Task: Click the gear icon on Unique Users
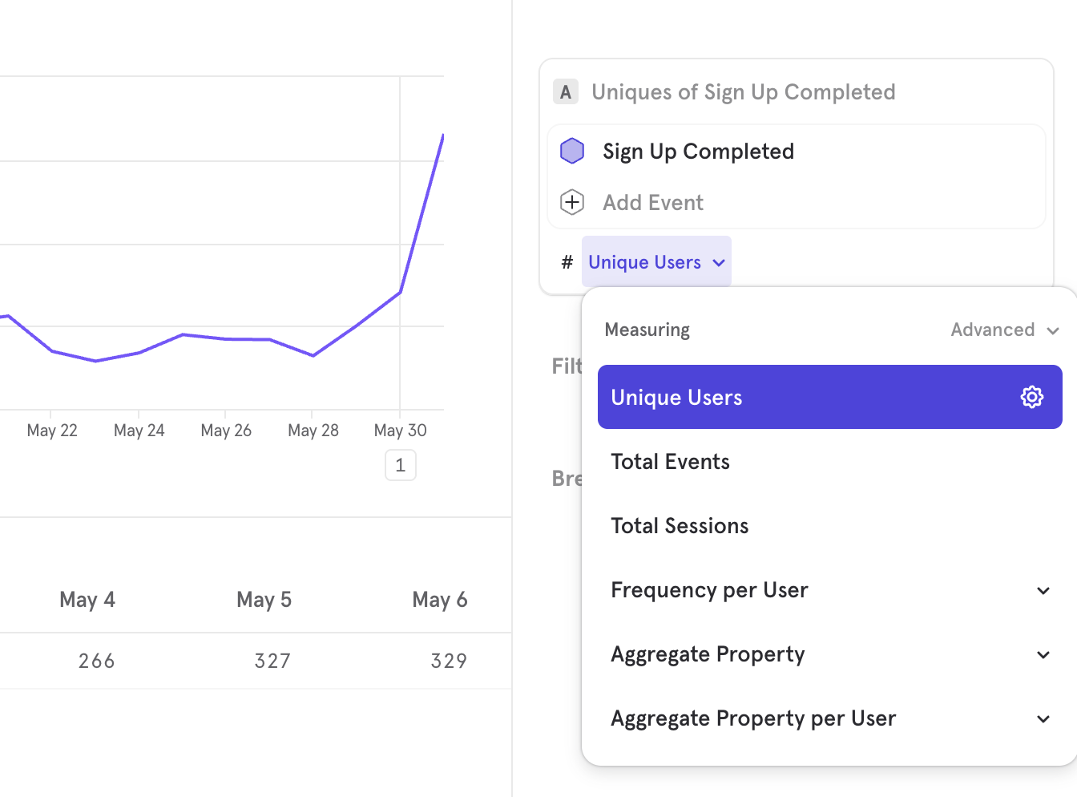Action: coord(1031,397)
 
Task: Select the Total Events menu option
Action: coord(670,462)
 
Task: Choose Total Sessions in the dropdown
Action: coord(680,526)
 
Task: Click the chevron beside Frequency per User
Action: coord(1043,590)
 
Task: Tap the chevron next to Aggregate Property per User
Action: coord(1043,718)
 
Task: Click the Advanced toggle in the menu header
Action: coord(1005,330)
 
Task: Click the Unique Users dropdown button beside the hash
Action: coord(656,262)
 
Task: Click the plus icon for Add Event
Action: coord(572,202)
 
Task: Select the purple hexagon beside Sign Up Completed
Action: coord(572,151)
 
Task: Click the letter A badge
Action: coord(566,92)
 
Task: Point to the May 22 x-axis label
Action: coord(52,431)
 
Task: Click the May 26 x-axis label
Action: coord(226,431)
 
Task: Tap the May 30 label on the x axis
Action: coord(400,431)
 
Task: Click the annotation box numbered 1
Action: coord(401,465)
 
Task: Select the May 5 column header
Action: coord(264,600)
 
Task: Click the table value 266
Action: coord(97,661)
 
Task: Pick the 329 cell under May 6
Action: coord(449,661)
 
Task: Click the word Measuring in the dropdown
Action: coord(647,330)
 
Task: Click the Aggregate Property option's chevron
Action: coord(1043,654)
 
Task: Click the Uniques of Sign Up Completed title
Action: coord(744,92)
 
